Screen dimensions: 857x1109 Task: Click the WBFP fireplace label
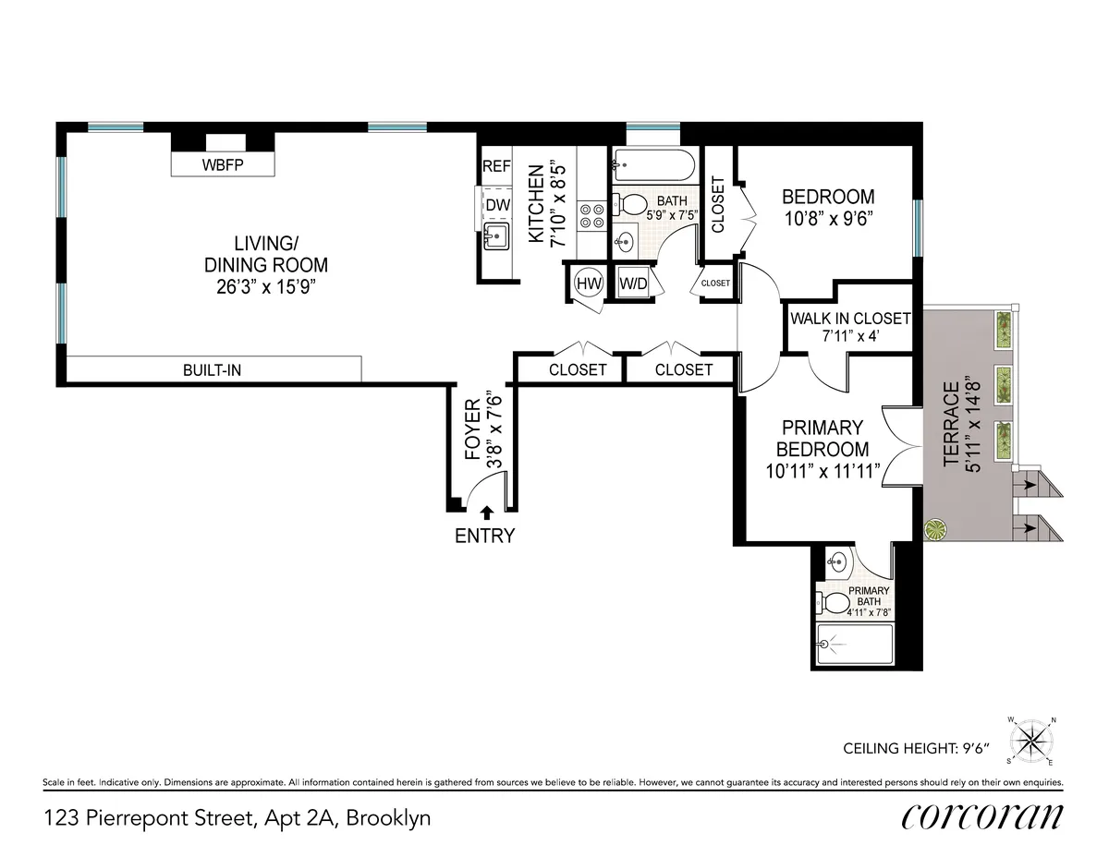pos(224,166)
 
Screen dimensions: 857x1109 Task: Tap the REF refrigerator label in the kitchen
pos(496,167)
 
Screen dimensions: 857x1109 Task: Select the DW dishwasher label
pos(497,205)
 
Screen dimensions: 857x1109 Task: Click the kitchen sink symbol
pos(496,237)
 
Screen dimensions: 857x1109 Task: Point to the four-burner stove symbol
pos(591,215)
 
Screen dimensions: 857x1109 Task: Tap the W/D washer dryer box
pos(634,284)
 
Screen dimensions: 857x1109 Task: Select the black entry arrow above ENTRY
pos(486,513)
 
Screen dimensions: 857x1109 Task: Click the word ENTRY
pos(485,536)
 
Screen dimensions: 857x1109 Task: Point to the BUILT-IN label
pos(213,370)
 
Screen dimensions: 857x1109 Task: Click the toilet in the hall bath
pos(632,203)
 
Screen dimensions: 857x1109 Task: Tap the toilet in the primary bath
pos(838,604)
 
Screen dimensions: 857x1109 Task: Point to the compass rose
pos(1033,741)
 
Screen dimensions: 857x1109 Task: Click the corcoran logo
pos(981,816)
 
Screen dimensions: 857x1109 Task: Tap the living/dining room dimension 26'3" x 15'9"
pos(266,286)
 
